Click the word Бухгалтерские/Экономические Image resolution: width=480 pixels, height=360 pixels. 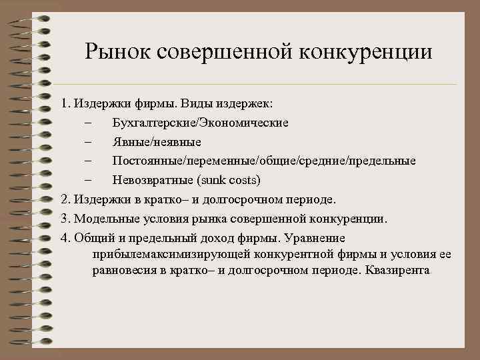point(200,123)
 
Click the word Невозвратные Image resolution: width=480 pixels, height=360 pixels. point(153,180)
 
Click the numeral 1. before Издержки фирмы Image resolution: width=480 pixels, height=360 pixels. point(65,105)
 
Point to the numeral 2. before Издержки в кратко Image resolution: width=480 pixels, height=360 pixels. point(65,199)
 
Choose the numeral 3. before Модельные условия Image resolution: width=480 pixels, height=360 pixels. point(65,218)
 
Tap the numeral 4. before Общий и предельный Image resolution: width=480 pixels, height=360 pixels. point(65,237)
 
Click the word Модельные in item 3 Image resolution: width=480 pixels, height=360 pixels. point(102,218)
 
